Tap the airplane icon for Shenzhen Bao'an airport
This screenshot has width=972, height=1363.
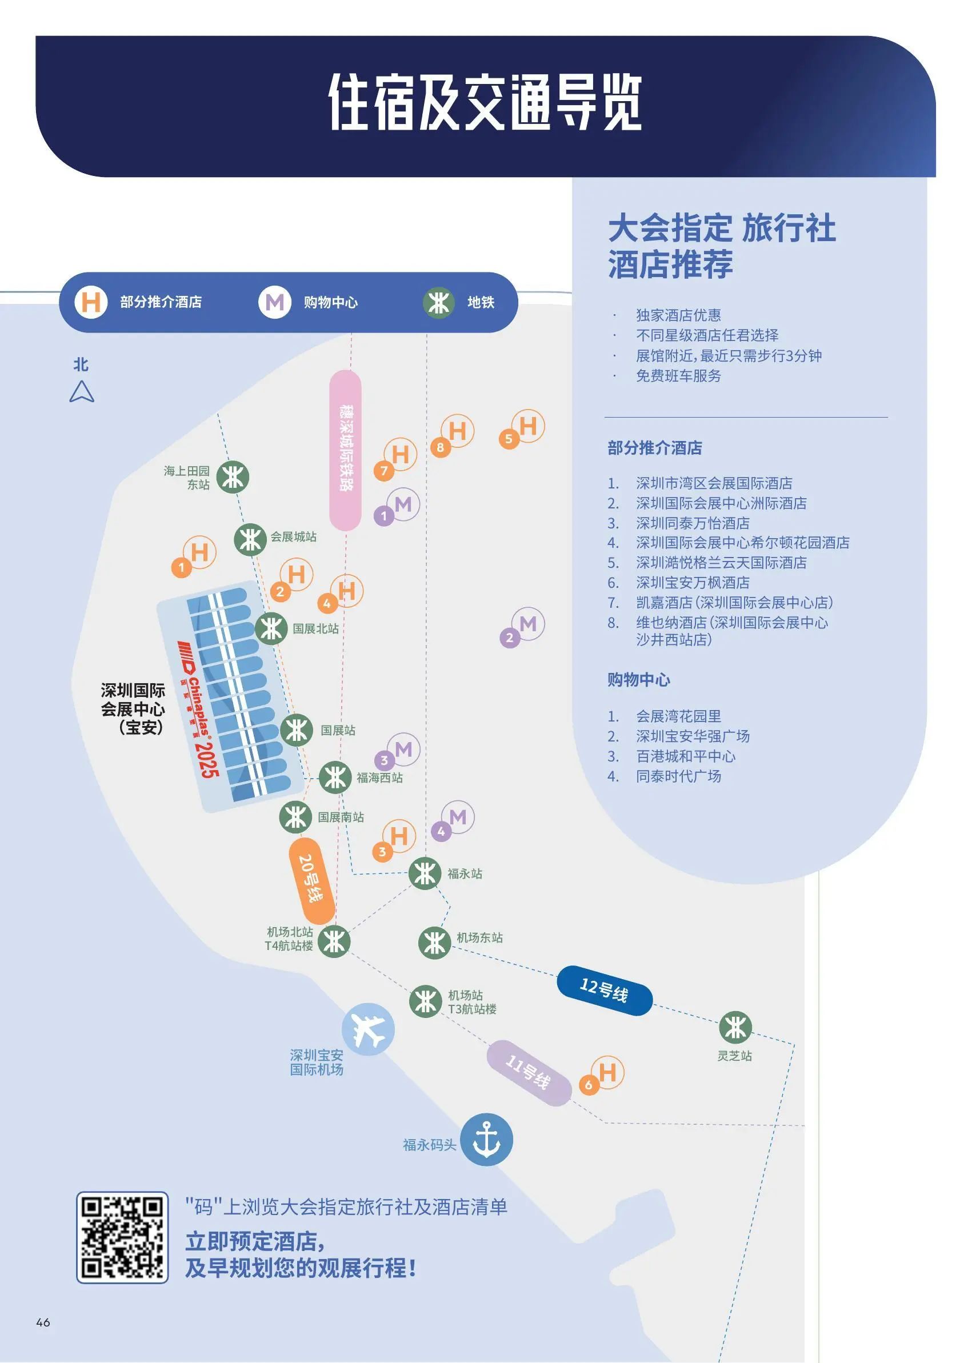367,1029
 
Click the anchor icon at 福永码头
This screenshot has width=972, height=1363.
486,1140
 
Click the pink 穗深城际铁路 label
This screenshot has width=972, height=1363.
345,450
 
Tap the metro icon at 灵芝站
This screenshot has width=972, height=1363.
735,1027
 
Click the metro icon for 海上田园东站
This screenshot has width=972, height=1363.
232,477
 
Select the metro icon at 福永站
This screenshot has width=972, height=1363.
425,873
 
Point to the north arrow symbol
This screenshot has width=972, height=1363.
81,392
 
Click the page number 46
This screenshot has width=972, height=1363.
43,1322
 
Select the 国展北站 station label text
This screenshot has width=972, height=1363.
315,629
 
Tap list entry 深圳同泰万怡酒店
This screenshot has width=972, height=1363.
693,523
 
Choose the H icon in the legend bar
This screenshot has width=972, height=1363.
91,302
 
